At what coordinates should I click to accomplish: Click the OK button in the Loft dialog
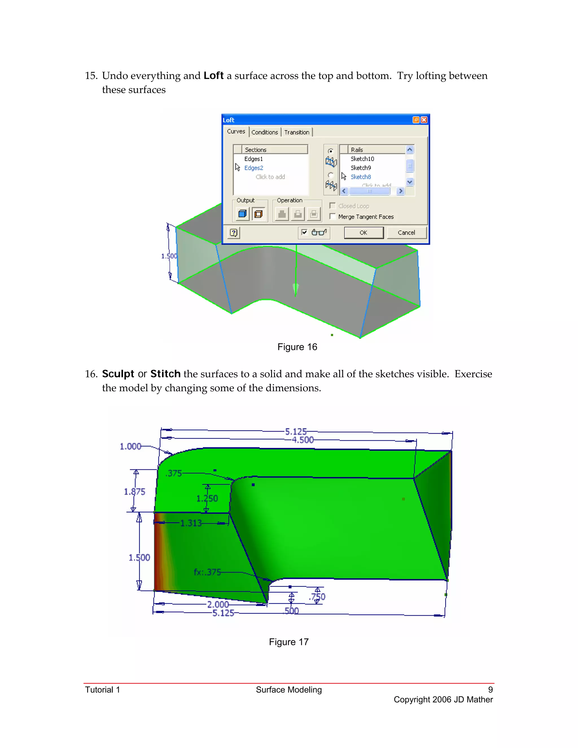click(363, 233)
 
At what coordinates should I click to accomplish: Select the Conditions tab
click(264, 132)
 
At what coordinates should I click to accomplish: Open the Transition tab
click(297, 132)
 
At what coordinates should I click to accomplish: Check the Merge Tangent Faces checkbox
click(332, 216)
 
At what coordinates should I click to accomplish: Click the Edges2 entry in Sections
click(253, 168)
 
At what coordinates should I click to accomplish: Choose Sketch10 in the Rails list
click(362, 159)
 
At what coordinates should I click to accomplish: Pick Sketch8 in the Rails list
click(361, 177)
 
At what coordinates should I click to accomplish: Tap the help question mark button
click(233, 233)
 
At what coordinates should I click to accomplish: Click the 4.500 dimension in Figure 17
click(303, 440)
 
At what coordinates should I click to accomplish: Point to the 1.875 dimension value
click(135, 491)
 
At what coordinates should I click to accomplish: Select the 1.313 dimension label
click(191, 523)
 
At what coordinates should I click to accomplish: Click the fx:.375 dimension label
click(207, 572)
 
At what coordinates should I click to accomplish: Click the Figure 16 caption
click(297, 347)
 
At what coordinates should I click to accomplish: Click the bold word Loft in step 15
click(213, 76)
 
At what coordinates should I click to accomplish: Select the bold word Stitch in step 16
click(165, 374)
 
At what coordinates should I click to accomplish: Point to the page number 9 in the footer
click(490, 690)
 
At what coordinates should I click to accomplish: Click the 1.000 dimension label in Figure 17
click(130, 446)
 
